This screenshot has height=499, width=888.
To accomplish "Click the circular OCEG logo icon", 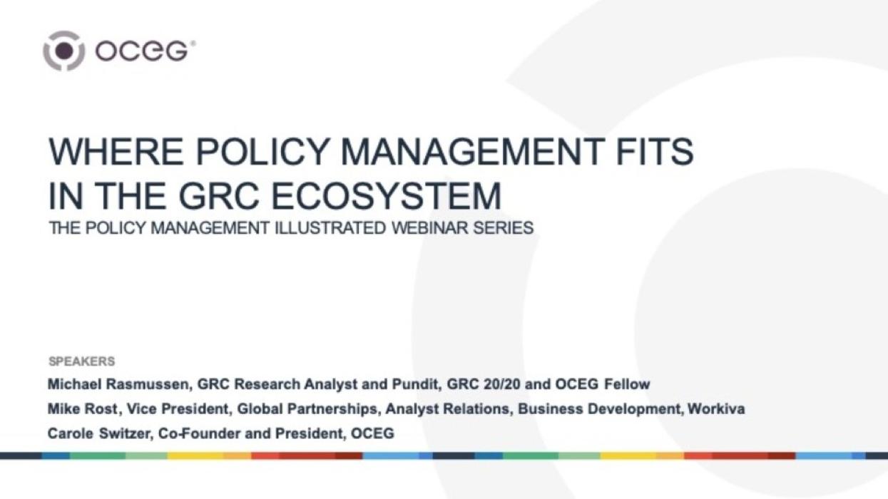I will tap(63, 51).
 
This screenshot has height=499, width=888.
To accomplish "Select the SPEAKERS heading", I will tap(81, 361).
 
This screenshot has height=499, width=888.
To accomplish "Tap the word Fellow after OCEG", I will tap(627, 385).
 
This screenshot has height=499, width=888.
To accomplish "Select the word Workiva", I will tap(716, 409).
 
